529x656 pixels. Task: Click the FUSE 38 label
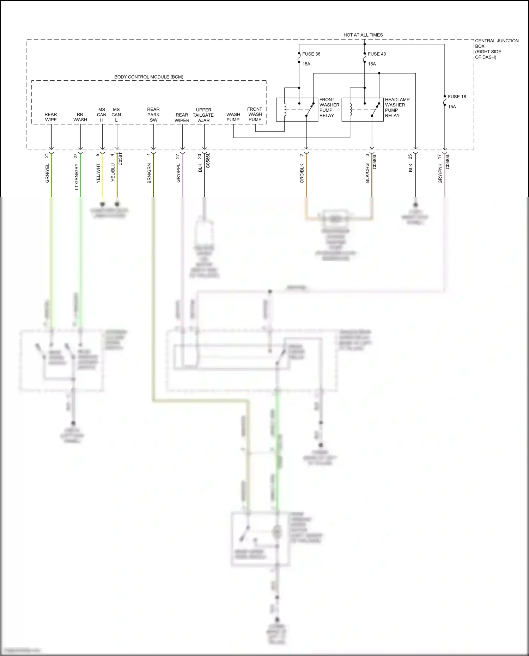[x=311, y=54]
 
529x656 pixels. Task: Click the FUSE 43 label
[x=377, y=54]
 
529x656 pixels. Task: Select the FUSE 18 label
[x=457, y=97]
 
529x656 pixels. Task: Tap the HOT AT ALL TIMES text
[x=363, y=35]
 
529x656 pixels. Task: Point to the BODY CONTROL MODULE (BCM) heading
[x=148, y=77]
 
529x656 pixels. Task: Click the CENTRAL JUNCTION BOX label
[x=497, y=49]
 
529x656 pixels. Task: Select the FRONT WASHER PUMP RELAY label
[x=329, y=108]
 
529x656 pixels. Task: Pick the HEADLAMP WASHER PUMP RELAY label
[x=397, y=108]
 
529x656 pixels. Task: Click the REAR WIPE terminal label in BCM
[x=51, y=117]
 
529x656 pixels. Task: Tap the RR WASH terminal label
[x=80, y=117]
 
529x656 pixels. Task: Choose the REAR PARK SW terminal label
[x=153, y=115]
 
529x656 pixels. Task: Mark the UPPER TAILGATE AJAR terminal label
[x=203, y=115]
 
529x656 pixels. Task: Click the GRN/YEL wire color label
[x=47, y=173]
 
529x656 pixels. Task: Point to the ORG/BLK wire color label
[x=302, y=173]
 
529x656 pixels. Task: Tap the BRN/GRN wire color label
[x=149, y=173]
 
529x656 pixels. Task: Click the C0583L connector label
[x=375, y=161]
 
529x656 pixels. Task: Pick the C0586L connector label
[x=208, y=160]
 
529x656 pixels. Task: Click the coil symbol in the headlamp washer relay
[x=351, y=110]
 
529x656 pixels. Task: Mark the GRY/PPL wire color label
[x=178, y=173]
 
